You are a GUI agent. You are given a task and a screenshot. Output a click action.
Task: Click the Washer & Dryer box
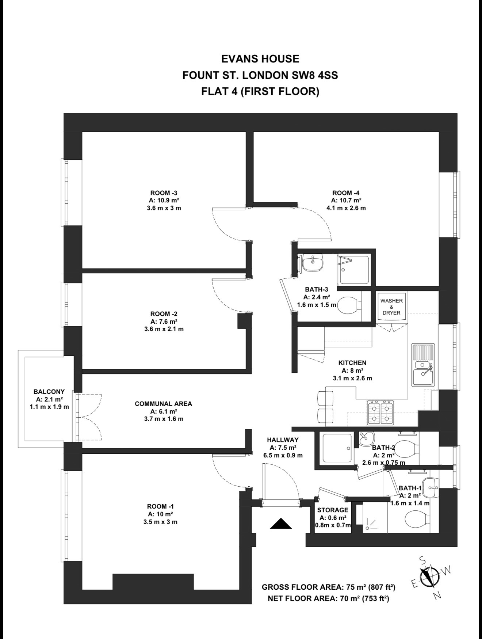coord(391,307)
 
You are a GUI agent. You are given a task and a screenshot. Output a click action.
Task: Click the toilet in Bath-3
coord(349,305)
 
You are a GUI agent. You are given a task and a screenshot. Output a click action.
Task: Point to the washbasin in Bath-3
coord(313,262)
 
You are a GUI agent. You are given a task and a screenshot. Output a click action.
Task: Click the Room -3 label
coord(164,193)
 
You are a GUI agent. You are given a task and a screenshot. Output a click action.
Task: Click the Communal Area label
coord(163,404)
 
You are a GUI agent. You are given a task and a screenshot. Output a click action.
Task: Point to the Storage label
coord(333,510)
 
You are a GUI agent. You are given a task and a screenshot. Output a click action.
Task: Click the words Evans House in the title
coord(260,59)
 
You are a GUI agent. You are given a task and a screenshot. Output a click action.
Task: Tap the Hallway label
coord(283,440)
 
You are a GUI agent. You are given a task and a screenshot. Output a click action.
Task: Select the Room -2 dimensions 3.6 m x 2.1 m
coord(164,329)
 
